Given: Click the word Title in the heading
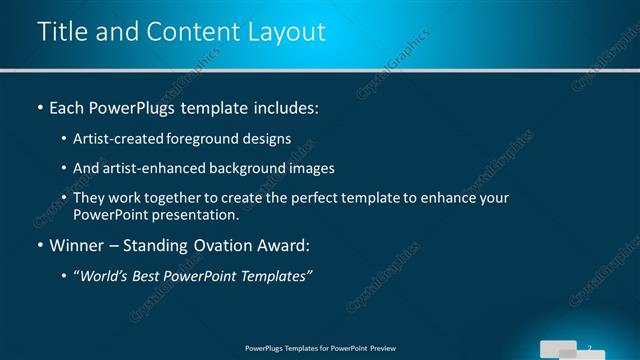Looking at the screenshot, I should click(61, 32).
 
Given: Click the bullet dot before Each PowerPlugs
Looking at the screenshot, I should click(39, 107).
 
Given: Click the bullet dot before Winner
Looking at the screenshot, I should click(39, 245).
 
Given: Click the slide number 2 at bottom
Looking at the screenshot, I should click(591, 346).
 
